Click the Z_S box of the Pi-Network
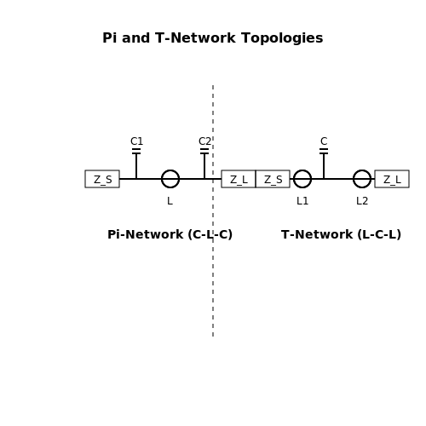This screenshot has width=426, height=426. tap(102, 179)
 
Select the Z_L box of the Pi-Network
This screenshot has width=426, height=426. tap(239, 179)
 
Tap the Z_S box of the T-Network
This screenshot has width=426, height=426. tap(273, 179)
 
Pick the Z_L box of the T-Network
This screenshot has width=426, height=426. tap(392, 179)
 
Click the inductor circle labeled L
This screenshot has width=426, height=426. tap(162, 179)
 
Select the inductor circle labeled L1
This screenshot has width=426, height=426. tap(294, 179)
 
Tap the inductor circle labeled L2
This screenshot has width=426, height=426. tap(354, 179)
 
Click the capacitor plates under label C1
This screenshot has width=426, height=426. tap(136, 151)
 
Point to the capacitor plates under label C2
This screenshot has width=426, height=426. tap(204, 151)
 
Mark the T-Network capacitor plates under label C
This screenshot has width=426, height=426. tap(324, 151)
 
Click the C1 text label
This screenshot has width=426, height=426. tap(136, 141)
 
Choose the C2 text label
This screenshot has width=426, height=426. tap(204, 141)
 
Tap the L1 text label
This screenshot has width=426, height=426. tap(302, 201)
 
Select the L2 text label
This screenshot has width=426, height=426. tap(362, 201)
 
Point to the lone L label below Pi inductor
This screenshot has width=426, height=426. tap(170, 201)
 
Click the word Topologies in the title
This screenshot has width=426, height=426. tap(282, 38)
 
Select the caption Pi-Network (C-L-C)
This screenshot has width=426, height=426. tap(170, 234)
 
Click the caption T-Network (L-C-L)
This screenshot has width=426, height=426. tap(341, 234)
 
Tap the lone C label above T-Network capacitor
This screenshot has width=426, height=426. tap(324, 141)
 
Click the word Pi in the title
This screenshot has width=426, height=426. tap(110, 38)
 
